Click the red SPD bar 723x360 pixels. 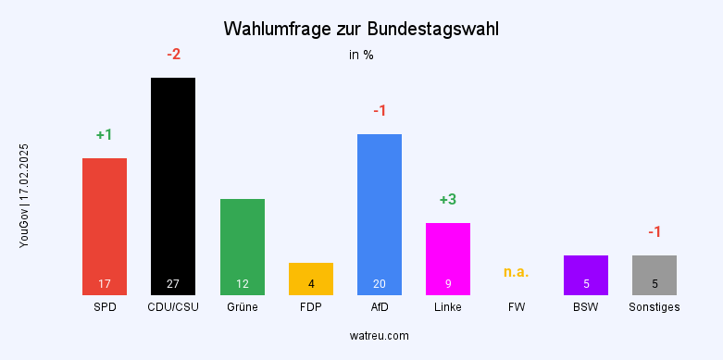105,227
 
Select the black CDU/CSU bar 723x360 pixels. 173,185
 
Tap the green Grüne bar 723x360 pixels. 243,246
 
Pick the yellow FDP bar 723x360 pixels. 311,279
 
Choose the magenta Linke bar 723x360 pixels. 448,258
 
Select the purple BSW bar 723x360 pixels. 586,275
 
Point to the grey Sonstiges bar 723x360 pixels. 654,275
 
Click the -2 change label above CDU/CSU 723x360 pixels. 173,55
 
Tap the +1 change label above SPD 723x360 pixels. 104,135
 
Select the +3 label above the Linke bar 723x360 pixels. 448,200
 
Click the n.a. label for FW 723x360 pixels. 517,272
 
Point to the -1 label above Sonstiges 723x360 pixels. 654,231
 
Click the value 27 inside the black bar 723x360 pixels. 173,283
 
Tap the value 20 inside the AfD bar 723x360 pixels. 380,283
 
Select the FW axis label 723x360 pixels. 517,306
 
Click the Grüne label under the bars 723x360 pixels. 243,306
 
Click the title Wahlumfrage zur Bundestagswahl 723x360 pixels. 361,30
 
